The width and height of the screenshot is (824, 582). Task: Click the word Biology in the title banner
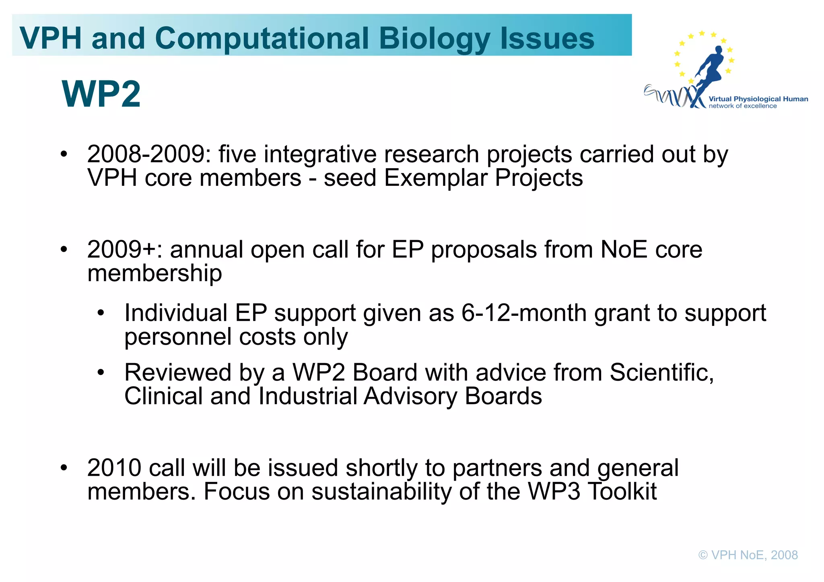pyautogui.click(x=435, y=38)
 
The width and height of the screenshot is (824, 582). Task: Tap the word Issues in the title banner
pyautogui.click(x=547, y=38)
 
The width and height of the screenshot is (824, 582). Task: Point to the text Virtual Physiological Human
pyautogui.click(x=758, y=99)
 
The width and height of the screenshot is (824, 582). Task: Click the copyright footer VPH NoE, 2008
pyautogui.click(x=748, y=555)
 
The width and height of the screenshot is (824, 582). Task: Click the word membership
pyautogui.click(x=154, y=273)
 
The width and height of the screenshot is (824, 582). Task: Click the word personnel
pyautogui.click(x=177, y=337)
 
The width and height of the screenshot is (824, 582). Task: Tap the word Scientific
pyautogui.click(x=661, y=372)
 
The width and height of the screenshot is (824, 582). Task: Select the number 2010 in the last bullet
pyautogui.click(x=114, y=468)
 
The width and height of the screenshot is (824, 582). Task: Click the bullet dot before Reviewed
pyautogui.click(x=101, y=373)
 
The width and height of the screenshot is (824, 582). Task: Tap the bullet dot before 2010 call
pyautogui.click(x=64, y=468)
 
